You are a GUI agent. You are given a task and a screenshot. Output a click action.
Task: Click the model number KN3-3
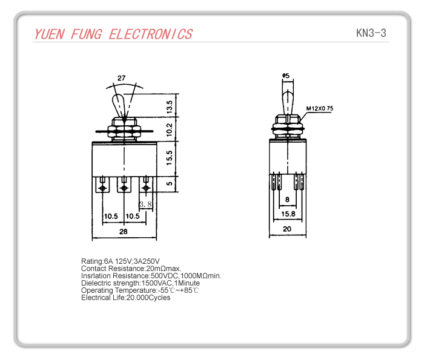pyautogui.click(x=371, y=33)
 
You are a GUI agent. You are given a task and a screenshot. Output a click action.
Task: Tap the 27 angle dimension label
pyautogui.click(x=122, y=78)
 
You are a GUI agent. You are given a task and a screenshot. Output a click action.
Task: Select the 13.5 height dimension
pyautogui.click(x=170, y=107)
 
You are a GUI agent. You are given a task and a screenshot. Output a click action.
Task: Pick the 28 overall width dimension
pyautogui.click(x=123, y=232)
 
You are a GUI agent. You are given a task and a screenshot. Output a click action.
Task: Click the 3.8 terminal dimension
pyautogui.click(x=145, y=204)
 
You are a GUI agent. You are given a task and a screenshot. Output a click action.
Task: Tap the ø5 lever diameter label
pyautogui.click(x=286, y=76)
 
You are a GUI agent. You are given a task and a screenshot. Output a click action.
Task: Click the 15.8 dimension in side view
pyautogui.click(x=288, y=214)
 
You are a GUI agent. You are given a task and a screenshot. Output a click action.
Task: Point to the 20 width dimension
pyautogui.click(x=287, y=229)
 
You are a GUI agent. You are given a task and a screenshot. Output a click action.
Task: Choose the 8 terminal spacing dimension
pyautogui.click(x=287, y=199)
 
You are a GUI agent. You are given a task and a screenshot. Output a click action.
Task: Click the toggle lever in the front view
pyautogui.click(x=122, y=105)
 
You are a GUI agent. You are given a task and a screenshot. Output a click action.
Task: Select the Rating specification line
pyautogui.click(x=121, y=261)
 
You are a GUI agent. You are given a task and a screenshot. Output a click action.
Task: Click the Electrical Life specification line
pyautogui.click(x=126, y=298)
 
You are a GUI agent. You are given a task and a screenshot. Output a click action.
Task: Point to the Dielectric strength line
pyautogui.click(x=141, y=283)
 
